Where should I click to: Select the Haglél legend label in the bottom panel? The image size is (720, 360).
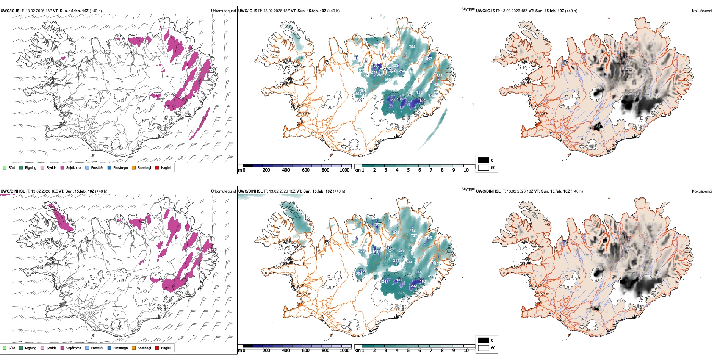point(166,348)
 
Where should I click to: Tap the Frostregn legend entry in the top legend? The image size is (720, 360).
point(121,168)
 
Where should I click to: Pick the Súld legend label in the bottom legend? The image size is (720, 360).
point(12,348)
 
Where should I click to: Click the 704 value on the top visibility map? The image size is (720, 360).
point(412,47)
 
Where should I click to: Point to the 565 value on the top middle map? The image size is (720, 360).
point(388,80)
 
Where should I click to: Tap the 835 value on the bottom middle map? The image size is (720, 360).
point(401,293)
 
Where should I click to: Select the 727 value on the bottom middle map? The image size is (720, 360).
point(414,236)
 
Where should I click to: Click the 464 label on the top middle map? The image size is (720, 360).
point(358,94)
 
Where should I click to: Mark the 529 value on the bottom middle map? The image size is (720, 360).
point(409,262)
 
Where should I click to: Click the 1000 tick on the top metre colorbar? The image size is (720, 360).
point(344,171)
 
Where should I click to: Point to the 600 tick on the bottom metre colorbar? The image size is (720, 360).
point(306,351)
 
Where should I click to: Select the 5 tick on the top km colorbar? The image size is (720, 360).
point(409,171)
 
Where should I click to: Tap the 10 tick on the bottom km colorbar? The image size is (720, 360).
point(466,351)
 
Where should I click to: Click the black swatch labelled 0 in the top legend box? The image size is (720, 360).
point(484,160)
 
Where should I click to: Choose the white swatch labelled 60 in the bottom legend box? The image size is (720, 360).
point(484,348)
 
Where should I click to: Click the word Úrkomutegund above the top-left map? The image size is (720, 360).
point(223,11)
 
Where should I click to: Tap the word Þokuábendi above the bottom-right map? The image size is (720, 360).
point(702,191)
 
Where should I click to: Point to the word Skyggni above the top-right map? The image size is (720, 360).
point(468,9)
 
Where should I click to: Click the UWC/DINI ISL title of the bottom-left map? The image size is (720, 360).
point(13,191)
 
